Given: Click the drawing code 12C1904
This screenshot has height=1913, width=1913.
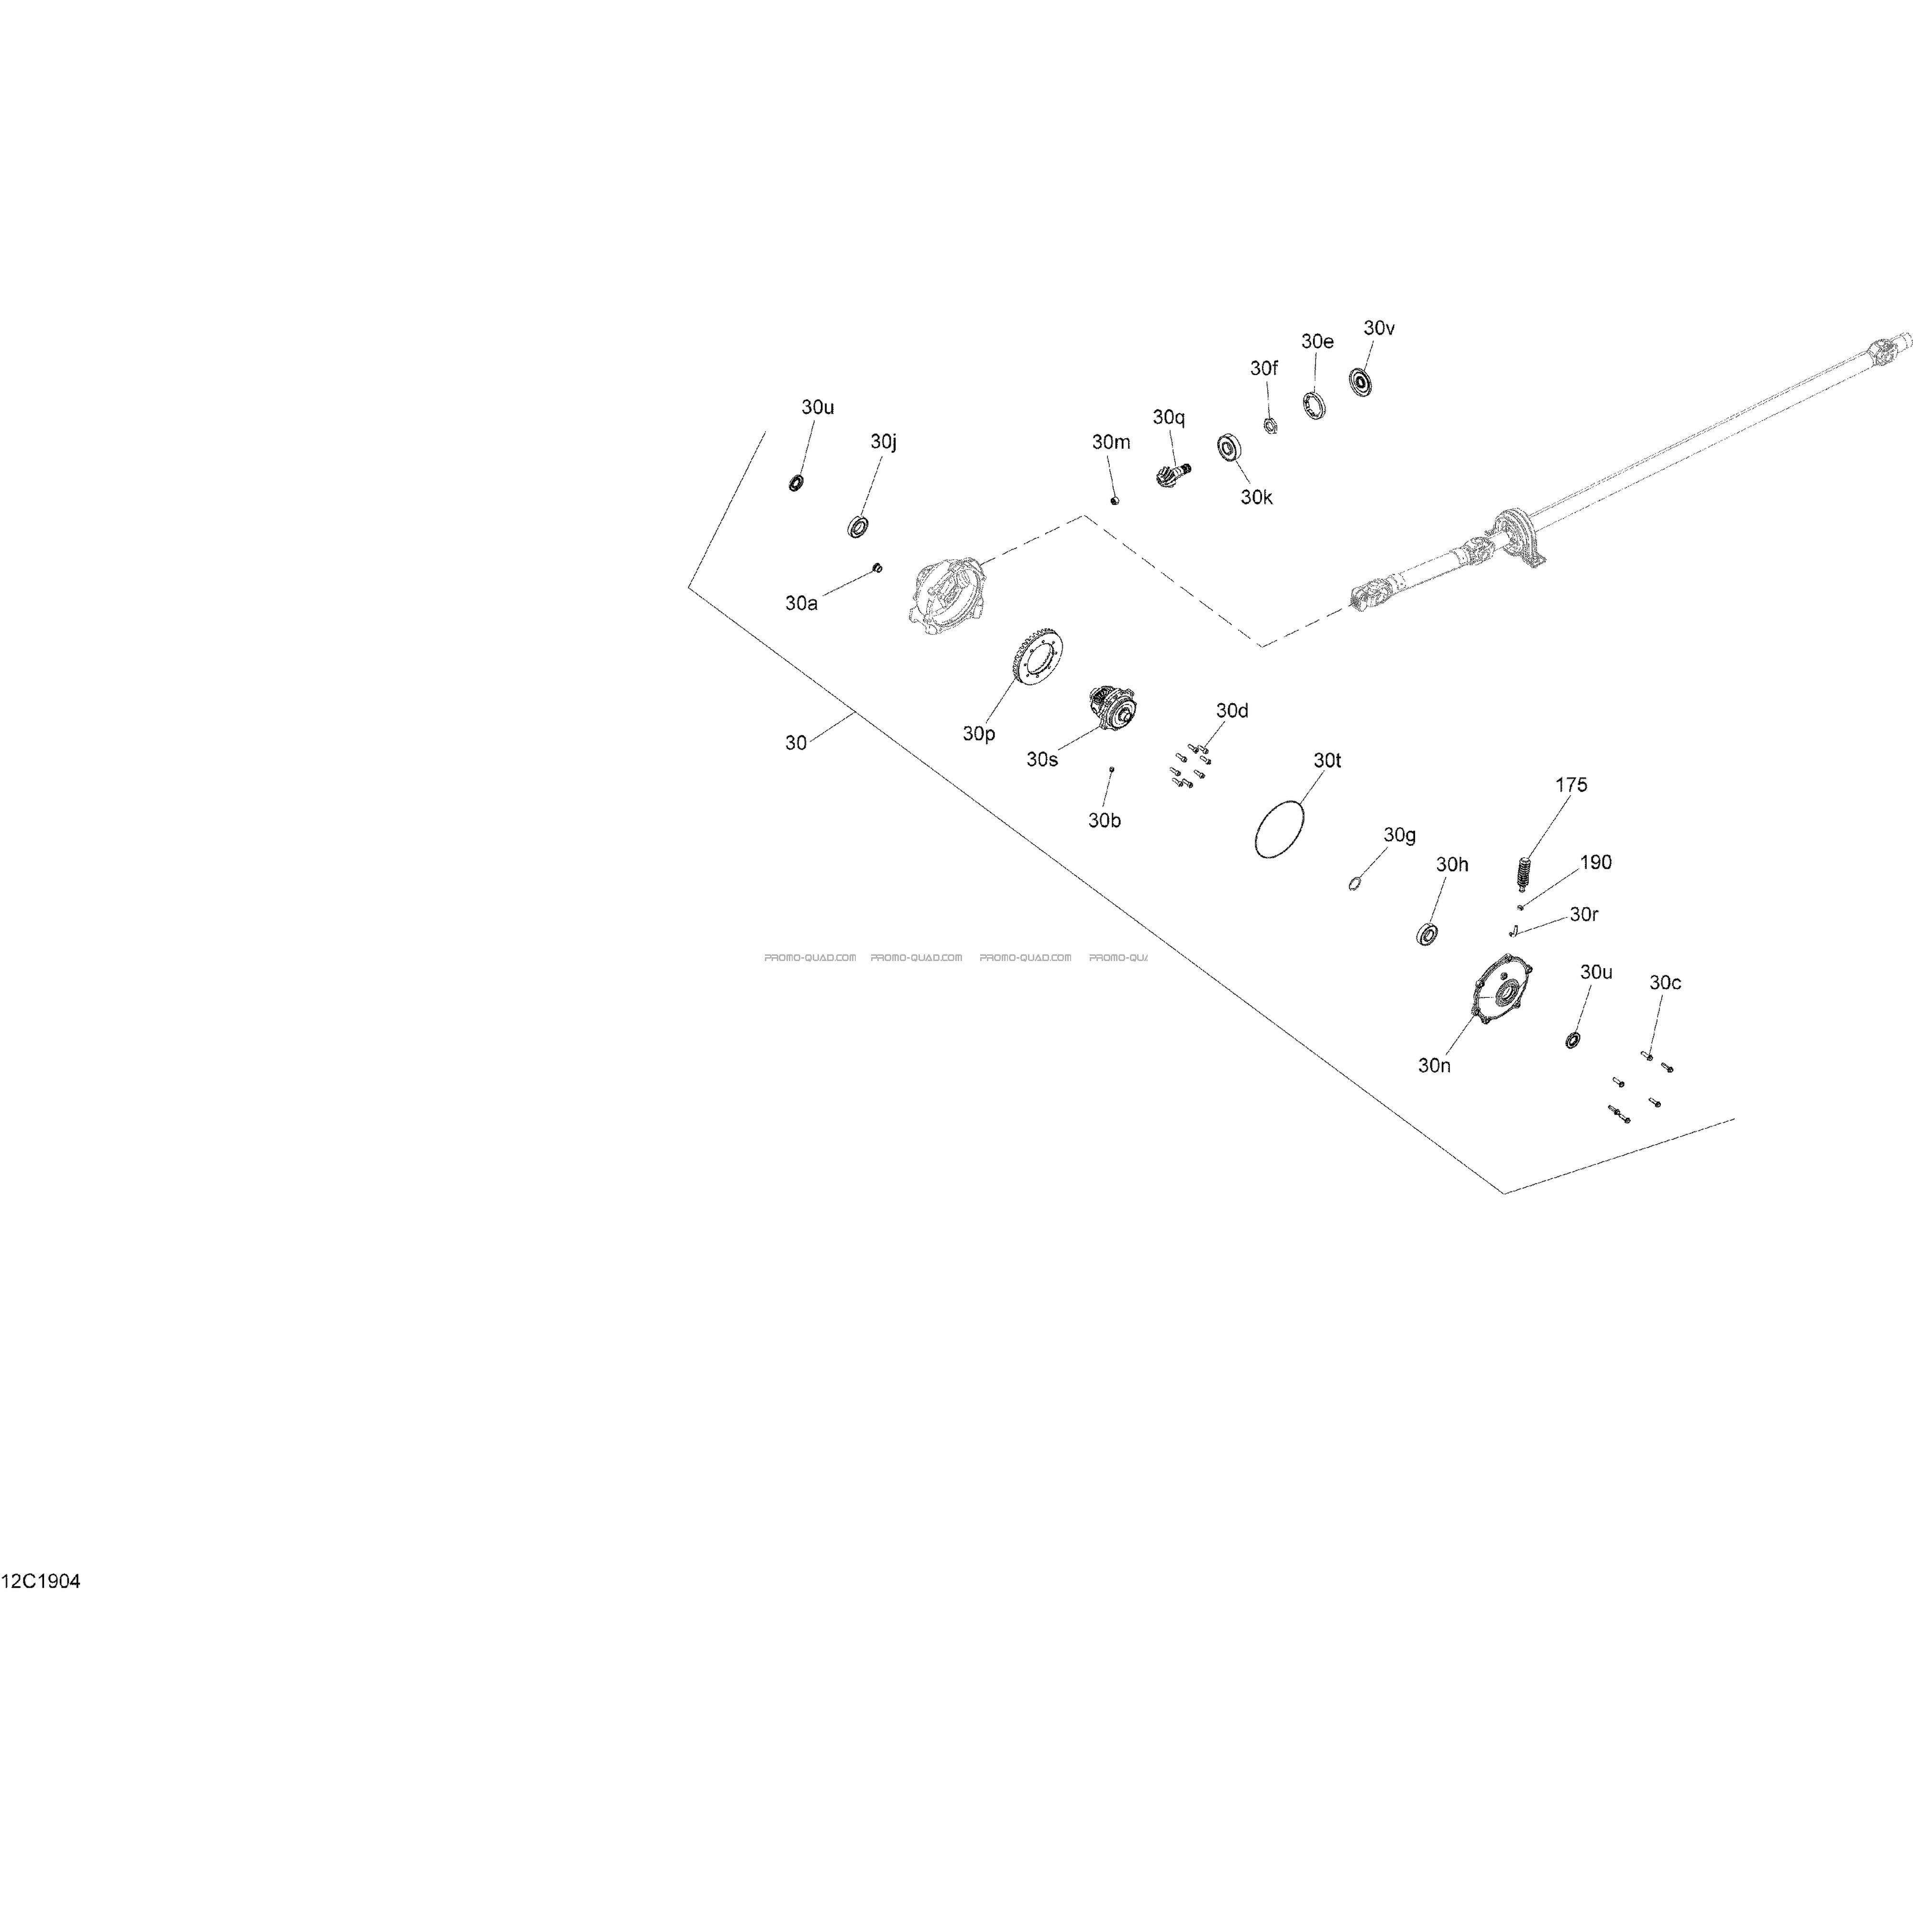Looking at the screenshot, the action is [41, 1581].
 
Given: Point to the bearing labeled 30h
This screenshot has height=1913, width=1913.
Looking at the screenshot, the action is [1427, 933].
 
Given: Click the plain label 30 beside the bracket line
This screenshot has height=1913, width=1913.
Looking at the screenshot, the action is [796, 742].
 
